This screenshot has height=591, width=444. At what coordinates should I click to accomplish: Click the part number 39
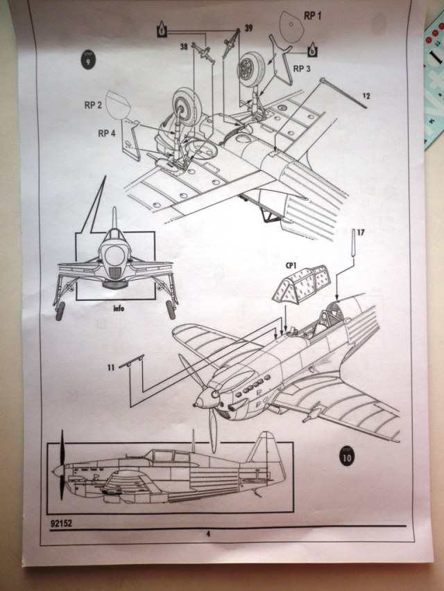click(248, 28)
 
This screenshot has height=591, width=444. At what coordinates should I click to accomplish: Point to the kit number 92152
click(61, 522)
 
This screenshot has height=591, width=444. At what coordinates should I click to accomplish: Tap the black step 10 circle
click(349, 457)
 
